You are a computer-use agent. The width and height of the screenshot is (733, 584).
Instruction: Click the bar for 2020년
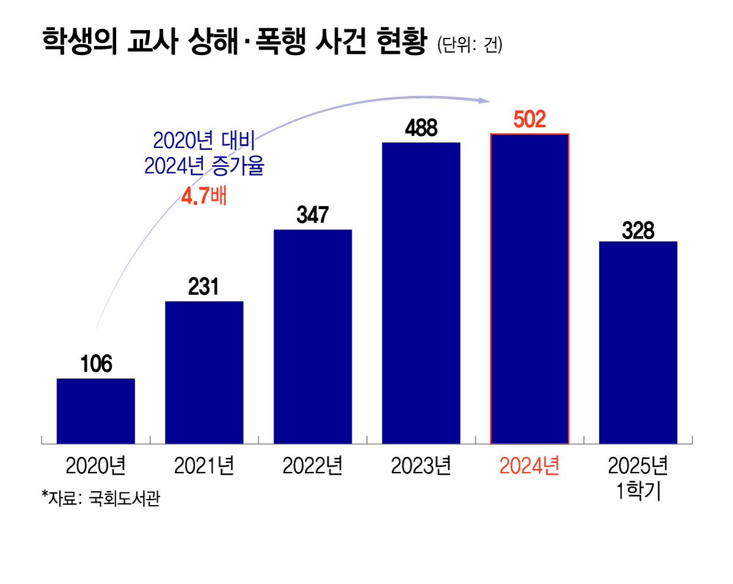click(x=96, y=411)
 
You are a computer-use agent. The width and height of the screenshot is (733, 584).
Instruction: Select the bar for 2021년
click(x=204, y=372)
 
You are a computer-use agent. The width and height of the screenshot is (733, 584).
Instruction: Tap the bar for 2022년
click(x=313, y=336)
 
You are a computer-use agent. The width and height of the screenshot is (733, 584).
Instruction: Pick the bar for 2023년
click(x=421, y=293)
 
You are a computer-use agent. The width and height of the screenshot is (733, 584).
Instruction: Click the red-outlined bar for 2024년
click(x=530, y=289)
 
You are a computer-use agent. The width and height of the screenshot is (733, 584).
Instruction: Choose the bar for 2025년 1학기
click(x=638, y=342)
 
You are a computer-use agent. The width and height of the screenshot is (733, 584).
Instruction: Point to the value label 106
click(x=96, y=364)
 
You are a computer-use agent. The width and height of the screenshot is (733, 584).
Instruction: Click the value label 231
click(x=204, y=287)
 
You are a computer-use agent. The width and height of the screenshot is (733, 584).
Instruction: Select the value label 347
click(x=313, y=215)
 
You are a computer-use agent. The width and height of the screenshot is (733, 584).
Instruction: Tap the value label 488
click(x=421, y=128)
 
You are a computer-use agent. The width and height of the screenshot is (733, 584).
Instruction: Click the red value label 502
click(x=530, y=120)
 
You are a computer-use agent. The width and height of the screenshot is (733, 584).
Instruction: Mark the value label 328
click(x=638, y=231)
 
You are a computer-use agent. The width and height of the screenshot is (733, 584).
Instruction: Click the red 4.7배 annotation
click(x=204, y=197)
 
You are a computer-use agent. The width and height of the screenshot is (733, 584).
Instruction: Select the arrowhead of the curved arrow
click(x=485, y=100)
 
